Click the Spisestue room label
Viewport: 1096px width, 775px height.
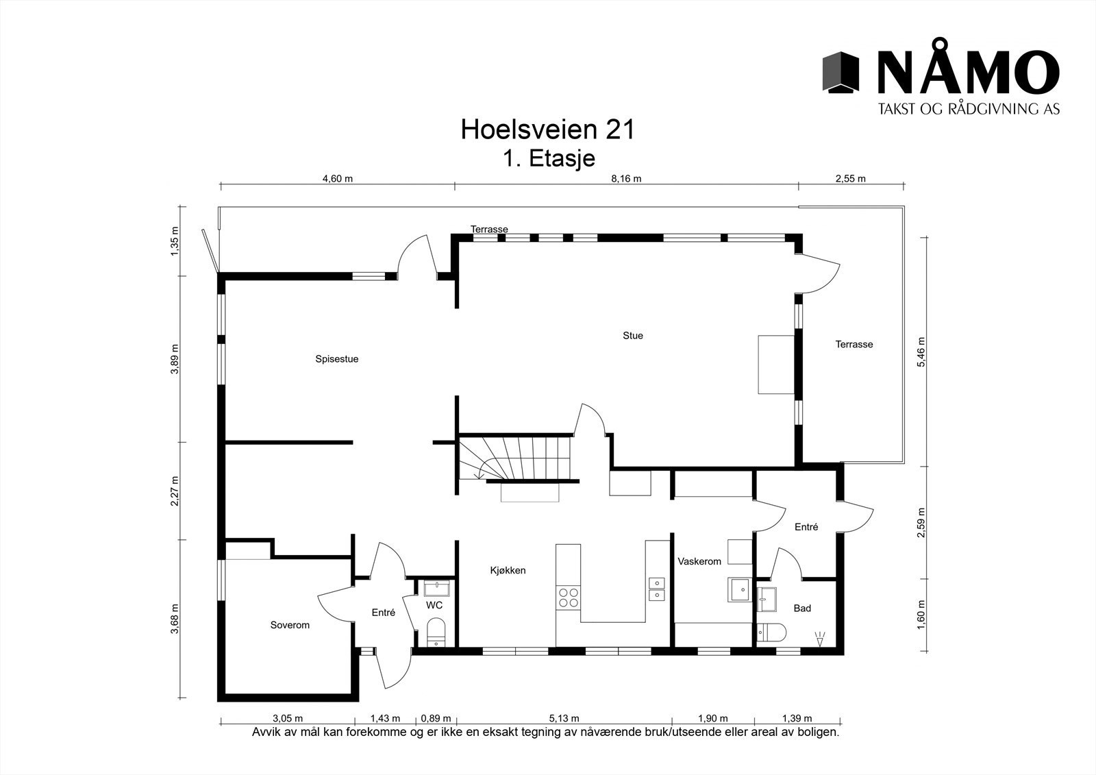click(336, 359)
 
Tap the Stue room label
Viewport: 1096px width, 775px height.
click(632, 336)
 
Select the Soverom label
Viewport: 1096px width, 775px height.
click(290, 625)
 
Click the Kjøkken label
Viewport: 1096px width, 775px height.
click(508, 570)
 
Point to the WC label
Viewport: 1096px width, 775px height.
click(434, 606)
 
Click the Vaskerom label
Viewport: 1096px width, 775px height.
click(699, 561)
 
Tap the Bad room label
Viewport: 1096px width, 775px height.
click(802, 608)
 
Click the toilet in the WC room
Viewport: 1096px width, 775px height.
click(436, 632)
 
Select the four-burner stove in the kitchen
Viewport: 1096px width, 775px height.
click(568, 598)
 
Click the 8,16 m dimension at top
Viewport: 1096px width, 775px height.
click(627, 179)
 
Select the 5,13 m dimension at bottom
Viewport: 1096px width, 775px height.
click(564, 719)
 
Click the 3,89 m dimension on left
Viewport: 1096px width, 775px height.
click(175, 358)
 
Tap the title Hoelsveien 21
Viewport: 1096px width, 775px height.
click(547, 130)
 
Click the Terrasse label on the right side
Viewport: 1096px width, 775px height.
click(854, 345)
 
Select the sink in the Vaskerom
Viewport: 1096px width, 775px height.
click(740, 589)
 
